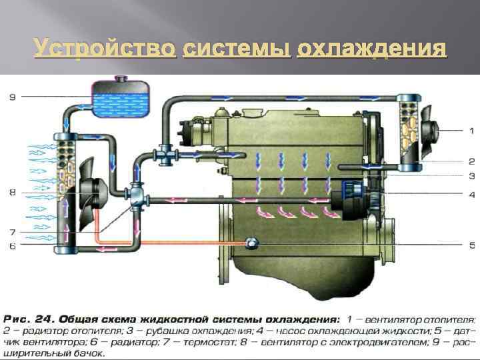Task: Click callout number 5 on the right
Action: coord(471,243)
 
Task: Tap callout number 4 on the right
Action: coord(471,195)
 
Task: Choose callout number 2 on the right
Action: coord(471,161)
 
